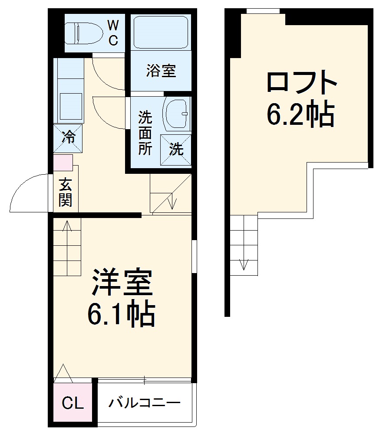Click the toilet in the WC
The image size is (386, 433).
(82, 33)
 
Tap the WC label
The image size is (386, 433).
(113, 33)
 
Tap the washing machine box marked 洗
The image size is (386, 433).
(176, 150)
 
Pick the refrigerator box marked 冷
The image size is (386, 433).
(68, 138)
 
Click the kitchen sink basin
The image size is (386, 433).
(69, 106)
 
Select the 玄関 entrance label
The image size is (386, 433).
(66, 192)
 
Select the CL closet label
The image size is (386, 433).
(73, 404)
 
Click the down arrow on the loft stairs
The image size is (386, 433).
(244, 264)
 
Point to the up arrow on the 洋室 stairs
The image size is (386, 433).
(67, 226)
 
